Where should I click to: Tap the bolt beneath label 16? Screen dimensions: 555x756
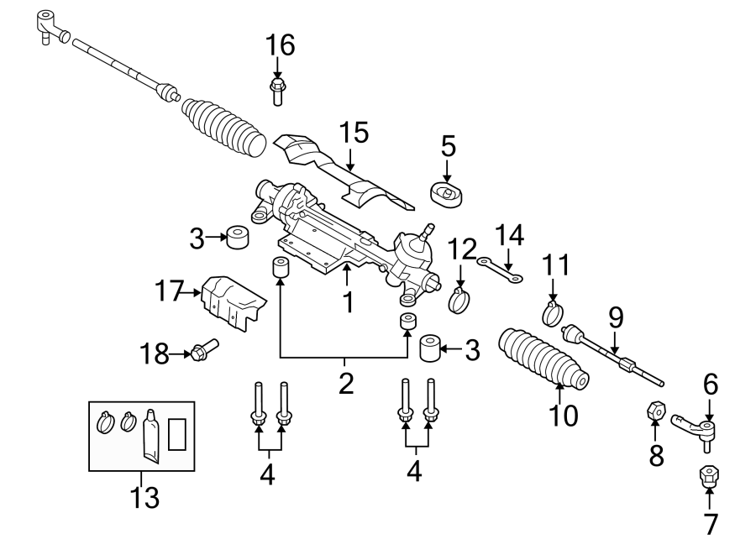(277, 90)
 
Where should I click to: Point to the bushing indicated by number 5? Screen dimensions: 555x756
(449, 194)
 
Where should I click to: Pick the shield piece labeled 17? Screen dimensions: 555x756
(231, 303)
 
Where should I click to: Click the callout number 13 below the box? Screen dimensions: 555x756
(144, 498)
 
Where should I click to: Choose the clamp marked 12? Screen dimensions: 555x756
(459, 298)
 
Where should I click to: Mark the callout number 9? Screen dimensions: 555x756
(616, 317)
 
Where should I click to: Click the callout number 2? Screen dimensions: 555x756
(346, 384)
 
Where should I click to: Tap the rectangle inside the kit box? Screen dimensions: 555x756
(177, 434)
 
